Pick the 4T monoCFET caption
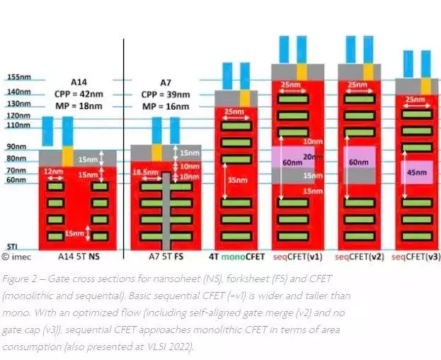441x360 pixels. point(236,257)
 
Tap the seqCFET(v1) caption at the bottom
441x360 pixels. point(298,257)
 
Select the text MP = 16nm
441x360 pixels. point(167,106)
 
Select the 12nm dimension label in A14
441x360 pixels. point(52,171)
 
